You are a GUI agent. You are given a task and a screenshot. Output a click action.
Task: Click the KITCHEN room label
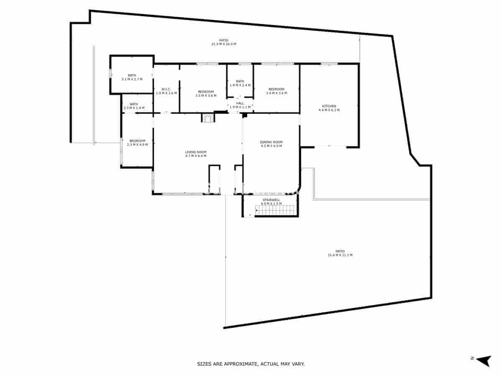[x=329, y=106]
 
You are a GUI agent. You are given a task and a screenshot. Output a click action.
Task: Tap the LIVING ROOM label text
[x=196, y=152]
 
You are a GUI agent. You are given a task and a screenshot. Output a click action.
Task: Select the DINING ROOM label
[x=271, y=142]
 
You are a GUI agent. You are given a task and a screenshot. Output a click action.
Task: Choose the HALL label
[x=240, y=103]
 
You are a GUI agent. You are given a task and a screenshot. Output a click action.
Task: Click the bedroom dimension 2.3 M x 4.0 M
[x=137, y=145]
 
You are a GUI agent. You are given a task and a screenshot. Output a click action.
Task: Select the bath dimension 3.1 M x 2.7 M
[x=132, y=79]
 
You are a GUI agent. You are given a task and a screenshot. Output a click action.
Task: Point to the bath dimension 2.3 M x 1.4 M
[x=134, y=108]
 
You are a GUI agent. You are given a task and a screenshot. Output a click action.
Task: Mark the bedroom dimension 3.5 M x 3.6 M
[x=206, y=96]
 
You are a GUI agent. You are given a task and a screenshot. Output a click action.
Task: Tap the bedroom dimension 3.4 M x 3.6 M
[x=276, y=93]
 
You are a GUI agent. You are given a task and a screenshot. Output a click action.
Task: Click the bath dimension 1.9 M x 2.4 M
[x=240, y=85]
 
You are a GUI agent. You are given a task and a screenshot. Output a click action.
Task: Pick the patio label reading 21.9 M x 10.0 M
[x=224, y=44]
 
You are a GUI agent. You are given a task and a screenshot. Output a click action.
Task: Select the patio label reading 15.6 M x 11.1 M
[x=340, y=255]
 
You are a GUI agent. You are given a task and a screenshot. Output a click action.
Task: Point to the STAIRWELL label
[x=271, y=200]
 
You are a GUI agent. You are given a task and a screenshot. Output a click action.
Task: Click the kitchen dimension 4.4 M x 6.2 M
[x=329, y=110]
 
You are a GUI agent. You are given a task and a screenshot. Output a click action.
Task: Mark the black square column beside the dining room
[x=245, y=115]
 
